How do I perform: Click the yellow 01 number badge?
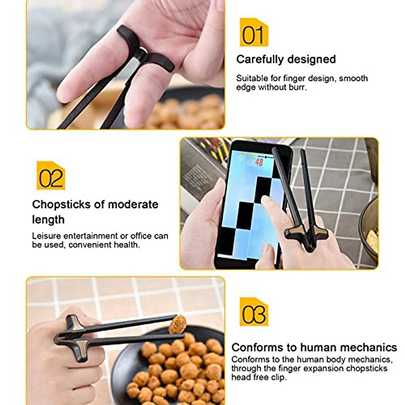point(254,33)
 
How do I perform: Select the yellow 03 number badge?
point(254,312)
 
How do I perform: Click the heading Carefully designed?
point(286,59)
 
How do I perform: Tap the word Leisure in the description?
point(46,236)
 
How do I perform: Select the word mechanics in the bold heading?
point(369,347)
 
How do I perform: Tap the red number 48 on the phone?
point(259,162)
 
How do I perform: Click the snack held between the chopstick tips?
point(178,324)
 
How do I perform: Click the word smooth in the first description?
point(353,78)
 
